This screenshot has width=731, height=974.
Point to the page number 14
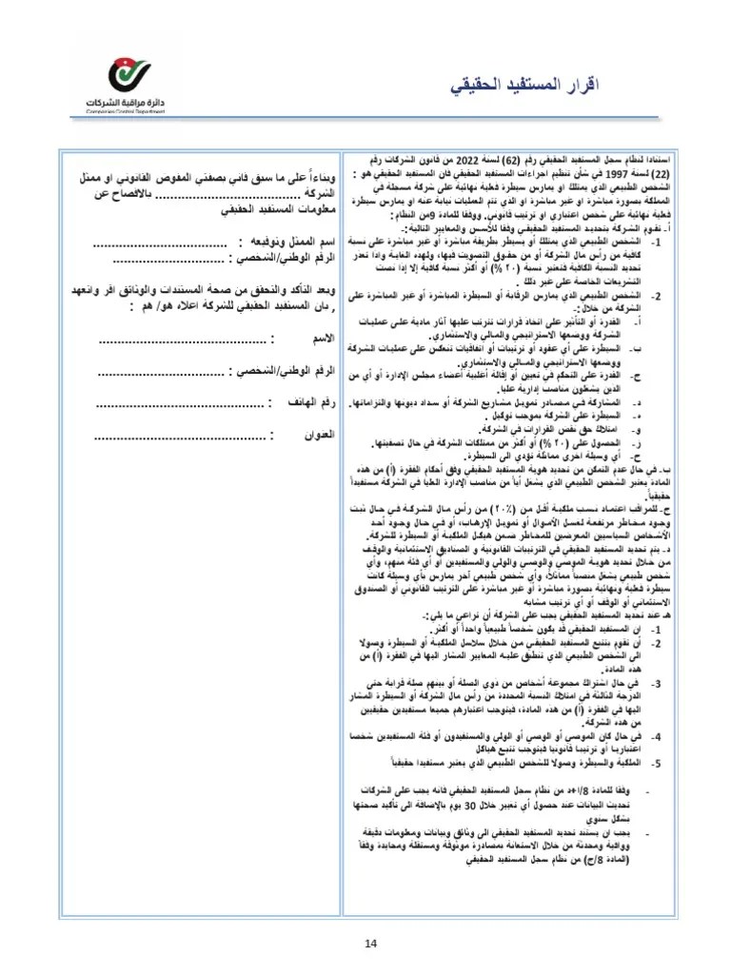(371, 943)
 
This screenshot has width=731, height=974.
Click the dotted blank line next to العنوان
(182, 438)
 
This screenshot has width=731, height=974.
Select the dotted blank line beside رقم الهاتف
(182, 405)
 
